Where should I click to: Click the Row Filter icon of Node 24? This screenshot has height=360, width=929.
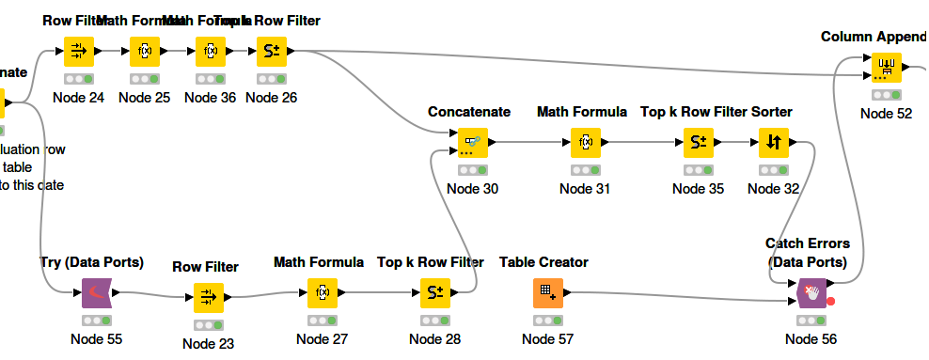78,51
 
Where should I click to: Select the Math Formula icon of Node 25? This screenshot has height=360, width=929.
145,51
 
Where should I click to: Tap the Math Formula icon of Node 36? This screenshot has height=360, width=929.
210,51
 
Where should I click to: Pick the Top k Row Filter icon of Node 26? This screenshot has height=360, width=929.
271,51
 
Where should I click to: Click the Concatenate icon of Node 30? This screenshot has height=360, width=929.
472,143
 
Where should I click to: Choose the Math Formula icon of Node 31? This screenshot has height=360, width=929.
585,143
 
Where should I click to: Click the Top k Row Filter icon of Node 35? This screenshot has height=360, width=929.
698,143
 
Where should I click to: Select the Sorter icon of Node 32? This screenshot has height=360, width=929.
773,143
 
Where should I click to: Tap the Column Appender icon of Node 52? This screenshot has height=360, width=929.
885,68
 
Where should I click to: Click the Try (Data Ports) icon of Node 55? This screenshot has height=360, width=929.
96,293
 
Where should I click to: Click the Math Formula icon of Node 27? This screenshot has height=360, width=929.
322,293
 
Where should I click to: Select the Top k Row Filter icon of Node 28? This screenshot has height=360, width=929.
434,293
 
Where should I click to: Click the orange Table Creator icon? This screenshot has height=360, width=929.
547,293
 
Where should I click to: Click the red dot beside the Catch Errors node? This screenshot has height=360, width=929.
831,302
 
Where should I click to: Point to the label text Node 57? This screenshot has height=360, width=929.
547,338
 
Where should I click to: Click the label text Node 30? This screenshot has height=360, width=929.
472,188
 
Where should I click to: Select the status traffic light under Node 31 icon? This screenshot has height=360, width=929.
585,170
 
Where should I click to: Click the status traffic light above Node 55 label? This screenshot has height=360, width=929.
96,321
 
